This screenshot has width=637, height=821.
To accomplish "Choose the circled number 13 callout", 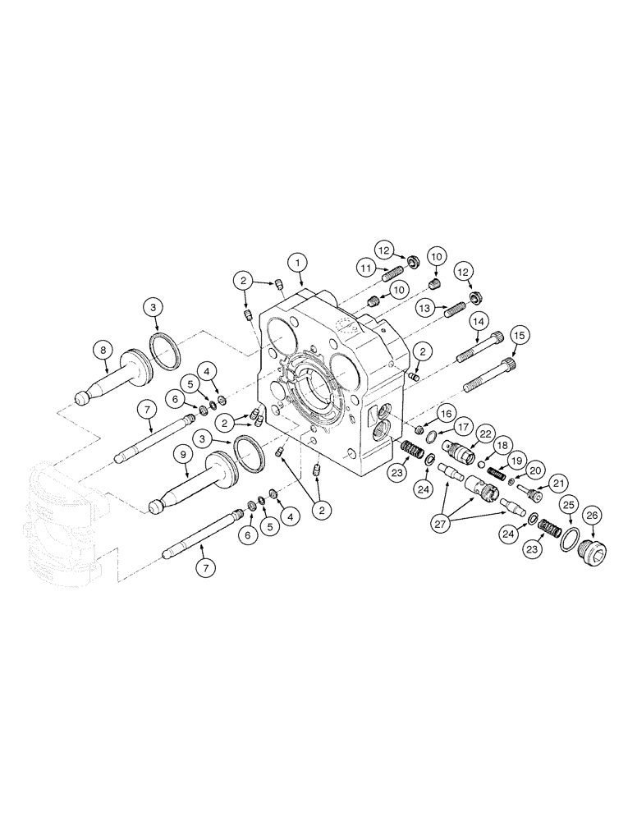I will point(424,308).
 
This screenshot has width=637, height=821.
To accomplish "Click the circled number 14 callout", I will point(479,323).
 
